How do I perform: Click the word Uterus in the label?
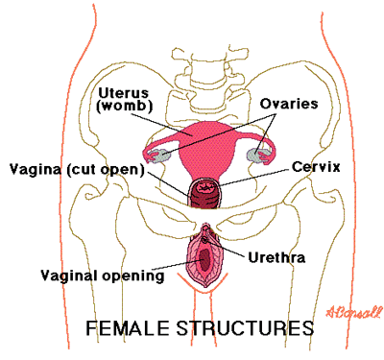pos(124,93)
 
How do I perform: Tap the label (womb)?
pos(124,106)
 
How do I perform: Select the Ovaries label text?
pos(289,104)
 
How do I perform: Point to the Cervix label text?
pos(316,167)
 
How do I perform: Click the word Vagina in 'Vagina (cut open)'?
pos(36,169)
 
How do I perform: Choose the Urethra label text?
pos(276,257)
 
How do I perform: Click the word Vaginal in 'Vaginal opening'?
pos(69,276)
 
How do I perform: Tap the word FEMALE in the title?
pos(128,328)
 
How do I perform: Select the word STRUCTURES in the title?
pos(245,328)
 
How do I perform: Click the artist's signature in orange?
pos(354,311)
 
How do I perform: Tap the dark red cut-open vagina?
pos(204,195)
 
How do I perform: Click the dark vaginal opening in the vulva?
pos(204,259)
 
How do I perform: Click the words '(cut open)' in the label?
pos(105,169)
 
